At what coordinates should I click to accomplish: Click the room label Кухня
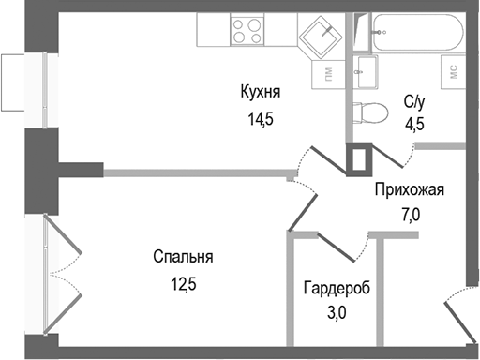click(261, 92)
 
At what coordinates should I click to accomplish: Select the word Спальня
click(184, 257)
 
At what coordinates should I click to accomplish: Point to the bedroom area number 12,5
click(184, 283)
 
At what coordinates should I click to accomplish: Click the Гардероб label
click(337, 289)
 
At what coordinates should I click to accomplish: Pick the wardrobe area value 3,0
click(337, 313)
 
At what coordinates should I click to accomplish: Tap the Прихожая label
click(409, 190)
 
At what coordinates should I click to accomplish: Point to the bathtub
click(413, 33)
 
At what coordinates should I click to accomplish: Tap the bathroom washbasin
click(366, 68)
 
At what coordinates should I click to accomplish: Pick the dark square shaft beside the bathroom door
click(359, 158)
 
